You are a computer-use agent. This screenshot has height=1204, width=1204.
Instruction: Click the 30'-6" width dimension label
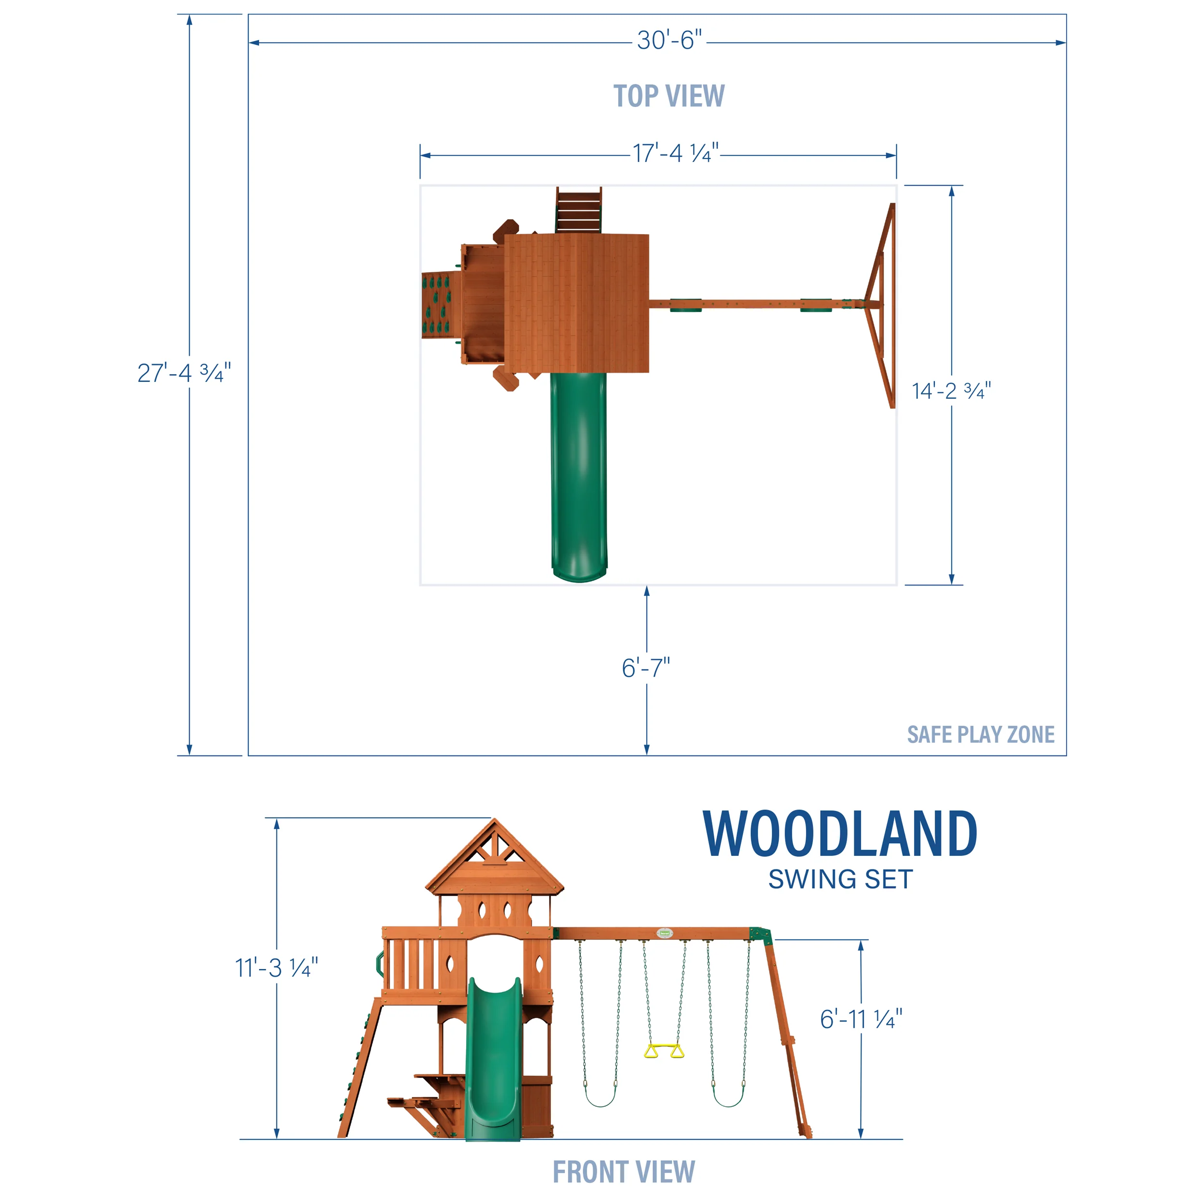[x=668, y=41]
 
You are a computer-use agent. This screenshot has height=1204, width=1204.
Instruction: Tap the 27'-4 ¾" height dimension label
[x=184, y=373]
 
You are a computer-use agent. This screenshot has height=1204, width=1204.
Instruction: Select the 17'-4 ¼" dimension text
[x=676, y=153]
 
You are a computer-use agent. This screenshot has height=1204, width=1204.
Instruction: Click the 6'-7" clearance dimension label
[x=646, y=668]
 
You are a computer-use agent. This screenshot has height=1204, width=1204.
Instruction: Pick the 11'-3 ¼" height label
[x=276, y=968]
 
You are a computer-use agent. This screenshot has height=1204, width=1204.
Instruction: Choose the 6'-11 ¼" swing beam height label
[x=861, y=1020]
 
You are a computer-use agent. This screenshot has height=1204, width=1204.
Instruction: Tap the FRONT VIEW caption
[x=623, y=1172]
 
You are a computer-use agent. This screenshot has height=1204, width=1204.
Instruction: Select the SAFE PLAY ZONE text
[x=980, y=735]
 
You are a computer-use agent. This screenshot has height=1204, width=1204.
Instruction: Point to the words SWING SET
[x=840, y=879]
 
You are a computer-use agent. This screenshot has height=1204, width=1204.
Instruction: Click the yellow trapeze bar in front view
[x=664, y=1051]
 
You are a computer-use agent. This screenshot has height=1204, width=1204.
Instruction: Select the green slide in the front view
[x=493, y=1060]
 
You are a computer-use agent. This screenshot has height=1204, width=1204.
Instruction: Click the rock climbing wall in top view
[x=441, y=305]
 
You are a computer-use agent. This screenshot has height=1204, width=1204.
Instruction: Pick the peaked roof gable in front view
[x=494, y=857]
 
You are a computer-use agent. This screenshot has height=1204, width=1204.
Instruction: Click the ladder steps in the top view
[x=578, y=210]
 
